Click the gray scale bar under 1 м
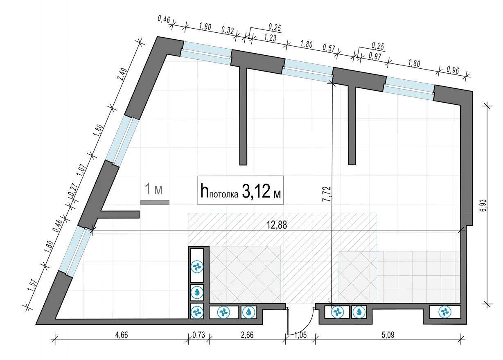coord(155,202)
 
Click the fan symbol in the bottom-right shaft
coord(444,312)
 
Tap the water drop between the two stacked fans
coord(197,292)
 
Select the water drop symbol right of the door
coord(359,312)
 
